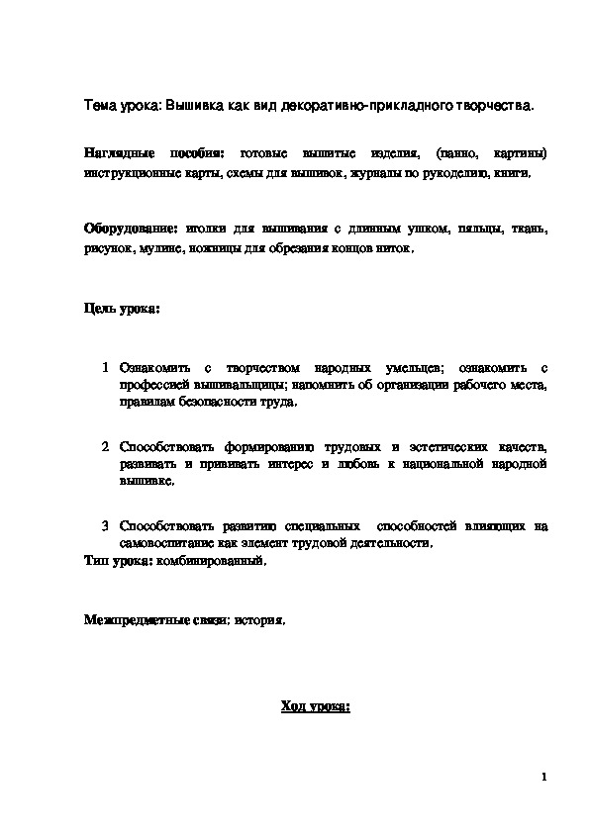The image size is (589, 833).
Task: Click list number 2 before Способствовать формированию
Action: [105, 446]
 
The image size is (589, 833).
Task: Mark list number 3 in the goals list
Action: [105, 525]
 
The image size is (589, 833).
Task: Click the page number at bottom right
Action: [543, 778]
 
